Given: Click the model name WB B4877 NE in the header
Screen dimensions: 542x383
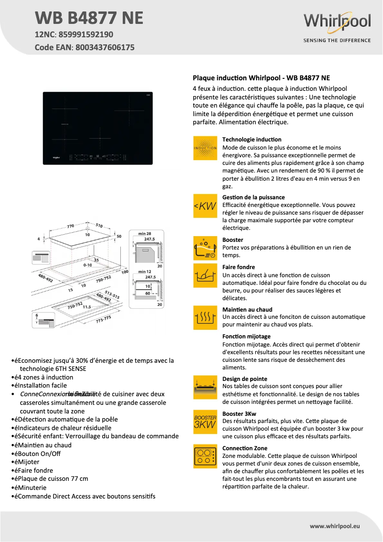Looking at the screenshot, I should tap(89, 18).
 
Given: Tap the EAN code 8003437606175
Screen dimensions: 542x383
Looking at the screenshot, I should tap(103, 47).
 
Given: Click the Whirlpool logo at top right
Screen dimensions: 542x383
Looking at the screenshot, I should tap(337, 22).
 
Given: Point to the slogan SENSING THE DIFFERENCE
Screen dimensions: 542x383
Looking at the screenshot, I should tap(337, 41).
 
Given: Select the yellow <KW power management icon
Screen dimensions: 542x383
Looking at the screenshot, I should tap(205, 206).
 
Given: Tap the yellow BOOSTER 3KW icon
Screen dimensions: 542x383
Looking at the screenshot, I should tap(205, 422).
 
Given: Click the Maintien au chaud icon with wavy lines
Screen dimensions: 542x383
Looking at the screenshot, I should tap(205, 317).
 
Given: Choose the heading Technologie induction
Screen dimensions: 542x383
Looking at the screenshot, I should tap(252, 140).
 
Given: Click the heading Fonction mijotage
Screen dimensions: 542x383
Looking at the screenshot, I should tap(246, 336).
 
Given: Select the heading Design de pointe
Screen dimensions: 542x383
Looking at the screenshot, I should tap(245, 379).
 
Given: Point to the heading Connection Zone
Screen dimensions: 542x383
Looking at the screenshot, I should tap(245, 448).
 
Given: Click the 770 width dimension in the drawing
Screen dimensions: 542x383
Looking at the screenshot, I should tap(71, 226).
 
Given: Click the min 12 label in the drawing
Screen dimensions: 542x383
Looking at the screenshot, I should tap(144, 271).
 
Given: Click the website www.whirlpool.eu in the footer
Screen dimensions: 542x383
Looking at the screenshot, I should tap(335, 526).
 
